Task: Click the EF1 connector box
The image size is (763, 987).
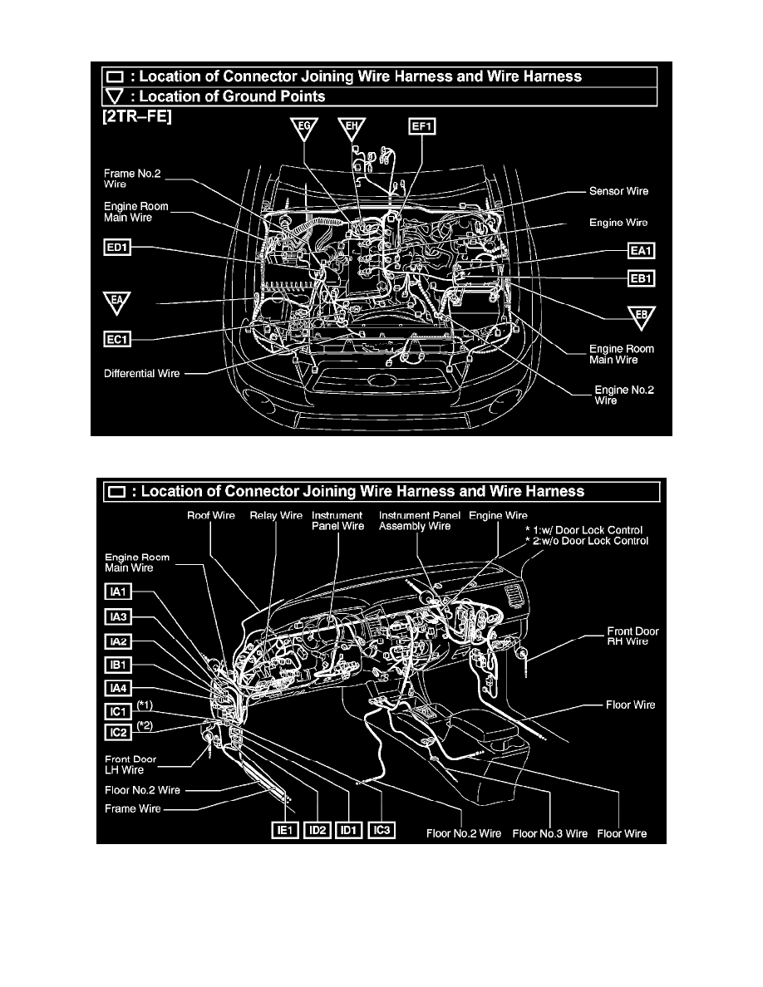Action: click(x=421, y=126)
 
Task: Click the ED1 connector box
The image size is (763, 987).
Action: click(x=117, y=248)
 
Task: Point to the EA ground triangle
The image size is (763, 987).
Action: click(x=116, y=302)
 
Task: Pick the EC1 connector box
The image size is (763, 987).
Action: click(x=117, y=340)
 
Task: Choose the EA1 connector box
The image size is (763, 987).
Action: click(x=641, y=251)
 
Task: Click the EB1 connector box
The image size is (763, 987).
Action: click(x=641, y=278)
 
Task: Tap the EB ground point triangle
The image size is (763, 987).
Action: click(x=642, y=317)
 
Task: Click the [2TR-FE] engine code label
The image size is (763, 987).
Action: click(x=136, y=117)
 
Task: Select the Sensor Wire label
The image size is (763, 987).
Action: click(x=618, y=191)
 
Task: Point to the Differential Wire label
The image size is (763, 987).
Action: click(x=141, y=373)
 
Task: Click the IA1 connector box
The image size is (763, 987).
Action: click(x=118, y=592)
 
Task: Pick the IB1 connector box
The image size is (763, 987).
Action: click(x=118, y=665)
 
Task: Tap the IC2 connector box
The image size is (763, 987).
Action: click(x=118, y=732)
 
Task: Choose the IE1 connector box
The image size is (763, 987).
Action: click(x=284, y=830)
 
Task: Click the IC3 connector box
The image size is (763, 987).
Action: click(x=381, y=830)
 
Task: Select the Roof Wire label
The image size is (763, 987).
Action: click(x=211, y=516)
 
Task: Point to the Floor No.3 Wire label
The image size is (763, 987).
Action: click(x=549, y=833)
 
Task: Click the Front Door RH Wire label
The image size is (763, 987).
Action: click(x=633, y=636)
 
